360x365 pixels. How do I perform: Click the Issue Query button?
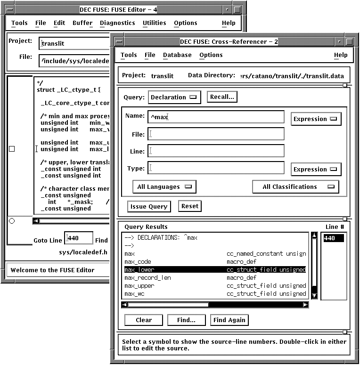[148, 206]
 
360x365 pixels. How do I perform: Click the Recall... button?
[222, 97]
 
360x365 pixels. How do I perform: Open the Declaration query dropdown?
[174, 97]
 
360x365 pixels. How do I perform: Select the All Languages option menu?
[164, 187]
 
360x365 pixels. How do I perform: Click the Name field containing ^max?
[216, 117]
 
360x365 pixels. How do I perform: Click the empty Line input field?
[216, 151]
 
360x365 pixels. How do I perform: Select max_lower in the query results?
[139, 270]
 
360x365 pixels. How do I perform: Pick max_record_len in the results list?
[147, 278]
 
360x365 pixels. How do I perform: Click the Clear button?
[144, 320]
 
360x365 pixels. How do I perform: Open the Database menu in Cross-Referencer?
[177, 55]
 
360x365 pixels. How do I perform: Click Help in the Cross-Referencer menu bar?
[341, 55]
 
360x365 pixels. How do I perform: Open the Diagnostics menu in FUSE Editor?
[117, 23]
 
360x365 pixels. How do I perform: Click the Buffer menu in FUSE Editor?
[82, 23]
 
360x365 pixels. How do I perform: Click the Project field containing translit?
[74, 43]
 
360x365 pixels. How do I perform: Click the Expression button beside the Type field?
[316, 170]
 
